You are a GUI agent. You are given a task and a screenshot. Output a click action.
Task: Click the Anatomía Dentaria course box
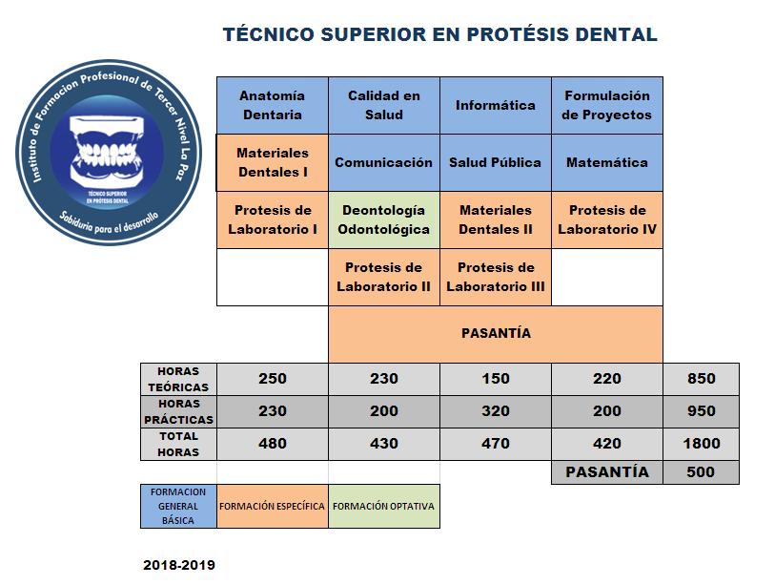coord(273,105)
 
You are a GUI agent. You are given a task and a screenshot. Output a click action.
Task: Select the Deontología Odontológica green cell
coord(384,219)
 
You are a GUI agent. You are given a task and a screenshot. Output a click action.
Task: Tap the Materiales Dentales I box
coord(273,162)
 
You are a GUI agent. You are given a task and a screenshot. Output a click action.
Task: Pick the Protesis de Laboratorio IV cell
coord(607,219)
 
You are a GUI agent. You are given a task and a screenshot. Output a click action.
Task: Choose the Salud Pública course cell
coord(496,162)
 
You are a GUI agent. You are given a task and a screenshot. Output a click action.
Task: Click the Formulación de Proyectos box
coord(607,105)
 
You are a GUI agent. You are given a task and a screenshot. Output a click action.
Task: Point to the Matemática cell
coord(607,162)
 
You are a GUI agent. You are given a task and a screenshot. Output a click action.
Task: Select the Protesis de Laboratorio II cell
coord(384,277)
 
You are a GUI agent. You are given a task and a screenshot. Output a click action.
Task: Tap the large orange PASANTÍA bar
coord(496,334)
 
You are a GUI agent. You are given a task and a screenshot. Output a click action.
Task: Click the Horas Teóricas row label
coord(178,379)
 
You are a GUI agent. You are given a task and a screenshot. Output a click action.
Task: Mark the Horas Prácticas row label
coord(178,411)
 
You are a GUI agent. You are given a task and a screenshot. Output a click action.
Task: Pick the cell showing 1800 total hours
coord(701,444)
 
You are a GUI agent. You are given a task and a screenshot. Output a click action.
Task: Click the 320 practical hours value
coord(496,411)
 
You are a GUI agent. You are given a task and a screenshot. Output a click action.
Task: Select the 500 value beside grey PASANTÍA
coord(701,472)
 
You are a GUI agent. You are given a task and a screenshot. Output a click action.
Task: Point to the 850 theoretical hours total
coord(701,379)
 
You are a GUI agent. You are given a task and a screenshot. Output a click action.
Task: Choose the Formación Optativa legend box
coord(384,507)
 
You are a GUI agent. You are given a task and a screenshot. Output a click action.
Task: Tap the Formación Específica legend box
coord(273,507)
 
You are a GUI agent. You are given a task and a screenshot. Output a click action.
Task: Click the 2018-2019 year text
coord(179,565)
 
